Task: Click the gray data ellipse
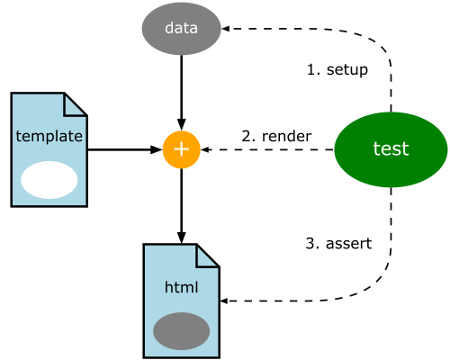pos(181,29)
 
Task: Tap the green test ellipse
pos(391,149)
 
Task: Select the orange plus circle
pos(181,149)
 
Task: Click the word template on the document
pos(49,137)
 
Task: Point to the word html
pos(181,287)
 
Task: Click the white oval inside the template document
pos(49,180)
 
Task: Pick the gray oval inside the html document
pos(181,331)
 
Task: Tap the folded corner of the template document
pos(75,104)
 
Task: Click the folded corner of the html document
pos(208,256)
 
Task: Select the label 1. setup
pos(337,70)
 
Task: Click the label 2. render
pos(276,136)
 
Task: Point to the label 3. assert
pos(338,243)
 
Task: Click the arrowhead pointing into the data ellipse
pos(225,29)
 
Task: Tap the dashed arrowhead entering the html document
pos(224,301)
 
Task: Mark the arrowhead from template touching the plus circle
pos(156,149)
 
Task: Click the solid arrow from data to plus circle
pos(181,93)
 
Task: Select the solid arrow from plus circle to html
pos(181,206)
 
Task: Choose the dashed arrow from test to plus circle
pos(267,149)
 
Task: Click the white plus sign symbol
pos(181,149)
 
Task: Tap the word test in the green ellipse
pos(391,148)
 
